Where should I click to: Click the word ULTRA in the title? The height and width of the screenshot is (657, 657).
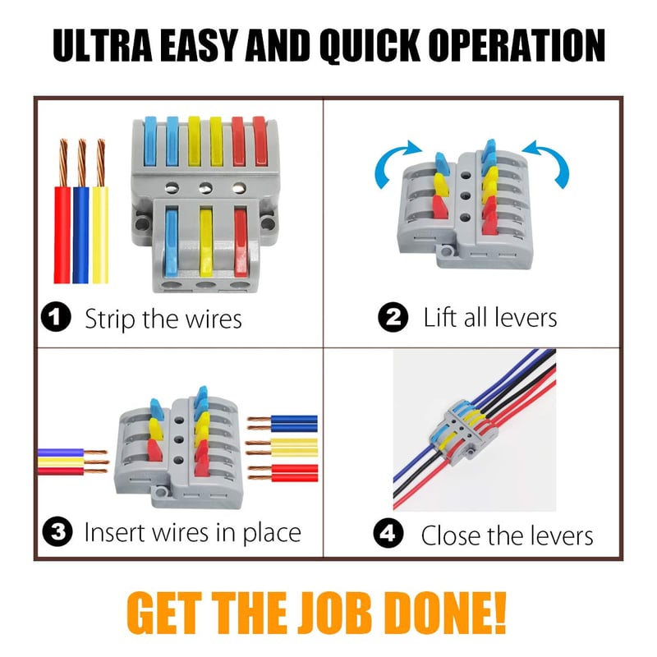102,45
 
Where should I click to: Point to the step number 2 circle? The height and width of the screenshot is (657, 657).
393,317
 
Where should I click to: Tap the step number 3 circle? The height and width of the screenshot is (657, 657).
57,531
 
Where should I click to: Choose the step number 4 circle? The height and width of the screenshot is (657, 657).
388,533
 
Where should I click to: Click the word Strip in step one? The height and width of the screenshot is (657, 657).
111,319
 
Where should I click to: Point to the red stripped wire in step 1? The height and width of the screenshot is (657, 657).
62,212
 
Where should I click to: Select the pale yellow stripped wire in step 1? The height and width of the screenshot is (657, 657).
100,212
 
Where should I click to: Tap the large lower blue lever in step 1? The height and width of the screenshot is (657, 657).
172,242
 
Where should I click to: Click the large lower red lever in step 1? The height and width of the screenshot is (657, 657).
241,242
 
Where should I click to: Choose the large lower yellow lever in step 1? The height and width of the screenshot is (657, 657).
206,242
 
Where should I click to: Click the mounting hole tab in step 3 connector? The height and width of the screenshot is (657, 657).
159,494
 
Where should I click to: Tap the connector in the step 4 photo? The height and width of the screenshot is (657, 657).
464,434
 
